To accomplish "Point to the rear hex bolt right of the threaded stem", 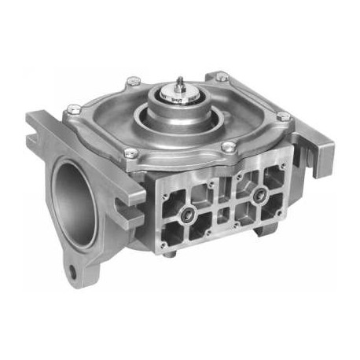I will [222, 77].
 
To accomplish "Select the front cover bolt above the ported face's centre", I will [227, 147].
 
